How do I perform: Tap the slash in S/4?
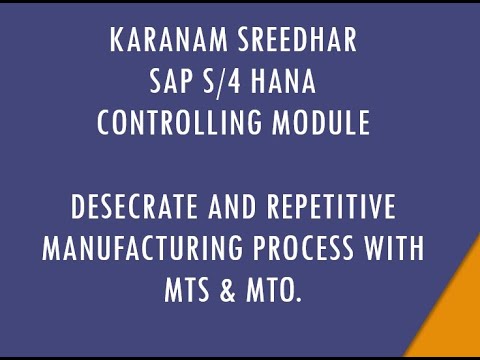pyautogui.click(x=225, y=84)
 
